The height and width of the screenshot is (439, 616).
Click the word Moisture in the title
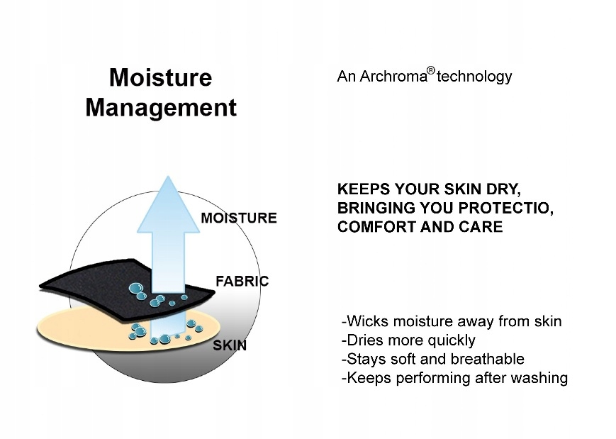[x=161, y=77]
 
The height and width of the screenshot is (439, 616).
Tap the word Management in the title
[x=161, y=108]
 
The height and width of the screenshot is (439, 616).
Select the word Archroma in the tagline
[x=393, y=77]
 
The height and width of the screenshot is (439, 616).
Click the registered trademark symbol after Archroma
[x=431, y=71]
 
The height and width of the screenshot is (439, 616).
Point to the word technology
[x=474, y=77]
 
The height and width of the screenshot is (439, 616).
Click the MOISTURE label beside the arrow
[x=239, y=218]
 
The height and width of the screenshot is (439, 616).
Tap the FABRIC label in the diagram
[x=242, y=282]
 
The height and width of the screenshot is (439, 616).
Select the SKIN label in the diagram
[x=230, y=345]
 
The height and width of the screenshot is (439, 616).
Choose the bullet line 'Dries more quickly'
[x=408, y=340]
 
